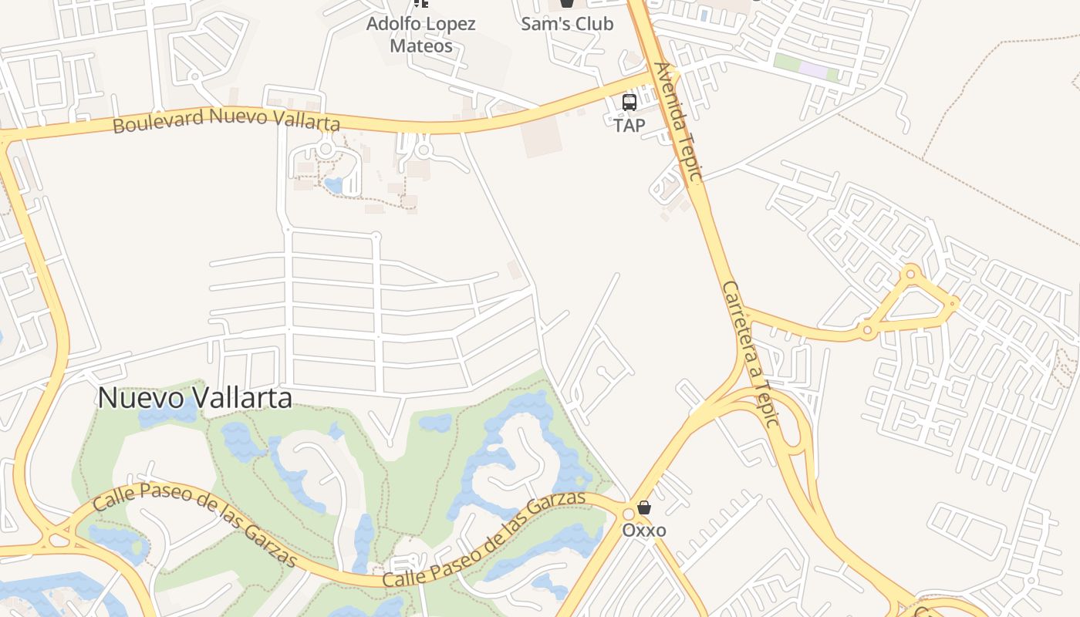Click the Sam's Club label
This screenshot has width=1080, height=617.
[567, 24]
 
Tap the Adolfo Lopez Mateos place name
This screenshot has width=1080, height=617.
[420, 35]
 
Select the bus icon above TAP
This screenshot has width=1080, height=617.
[629, 103]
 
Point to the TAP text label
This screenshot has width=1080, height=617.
[629, 125]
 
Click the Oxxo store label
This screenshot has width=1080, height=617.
[644, 531]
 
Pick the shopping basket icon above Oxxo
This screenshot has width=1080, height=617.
[644, 507]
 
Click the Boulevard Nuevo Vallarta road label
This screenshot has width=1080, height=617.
[226, 120]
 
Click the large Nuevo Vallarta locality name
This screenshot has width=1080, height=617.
[195, 398]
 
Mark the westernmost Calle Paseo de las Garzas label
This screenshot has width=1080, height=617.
[194, 524]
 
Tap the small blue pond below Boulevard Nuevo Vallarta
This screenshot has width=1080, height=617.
[334, 185]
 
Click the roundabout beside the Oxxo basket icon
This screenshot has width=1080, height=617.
[628, 512]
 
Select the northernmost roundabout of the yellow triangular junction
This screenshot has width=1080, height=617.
[911, 273]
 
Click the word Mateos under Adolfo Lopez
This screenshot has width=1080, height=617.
[420, 46]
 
